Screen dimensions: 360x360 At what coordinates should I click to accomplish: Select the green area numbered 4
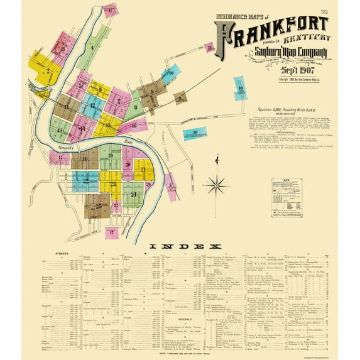[92, 48]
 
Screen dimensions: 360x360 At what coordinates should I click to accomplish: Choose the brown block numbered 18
[86, 160]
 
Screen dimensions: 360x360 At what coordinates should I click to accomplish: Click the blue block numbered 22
[84, 181]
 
